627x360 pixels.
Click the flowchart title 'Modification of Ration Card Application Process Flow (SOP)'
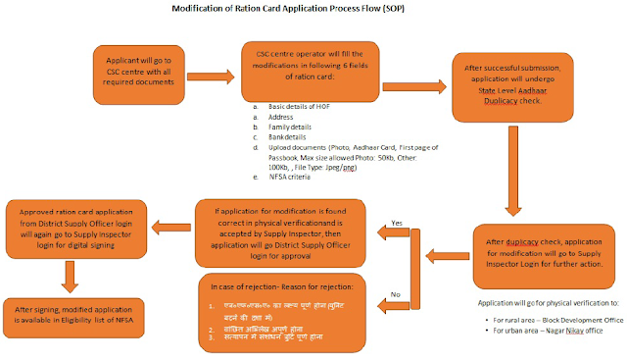click(314, 9)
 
